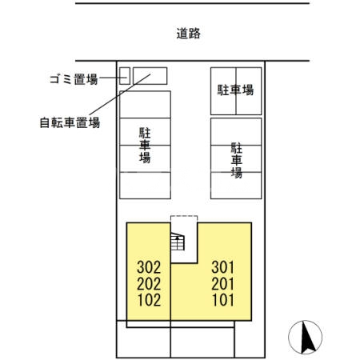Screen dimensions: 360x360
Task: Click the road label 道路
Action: click(188, 34)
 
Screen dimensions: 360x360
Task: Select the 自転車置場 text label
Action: click(70, 123)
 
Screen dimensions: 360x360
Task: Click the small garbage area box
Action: click(124, 75)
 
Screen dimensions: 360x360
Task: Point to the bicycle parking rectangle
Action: click(150, 75)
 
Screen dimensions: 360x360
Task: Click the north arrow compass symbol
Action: click(305, 336)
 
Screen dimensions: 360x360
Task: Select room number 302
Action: click(150, 267)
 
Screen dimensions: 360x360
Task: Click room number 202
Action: click(150, 284)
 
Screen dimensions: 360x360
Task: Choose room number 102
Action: click(150, 301)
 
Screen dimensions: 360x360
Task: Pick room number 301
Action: click(223, 267)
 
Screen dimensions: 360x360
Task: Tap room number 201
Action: click(223, 284)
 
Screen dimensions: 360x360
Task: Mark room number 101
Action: click(223, 301)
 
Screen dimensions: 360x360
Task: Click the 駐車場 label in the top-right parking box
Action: click(236, 90)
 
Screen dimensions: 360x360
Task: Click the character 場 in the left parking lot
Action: click(145, 158)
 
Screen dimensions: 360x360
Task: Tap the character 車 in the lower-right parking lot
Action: click(237, 159)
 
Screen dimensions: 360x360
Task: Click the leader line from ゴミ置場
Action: click(110, 78)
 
